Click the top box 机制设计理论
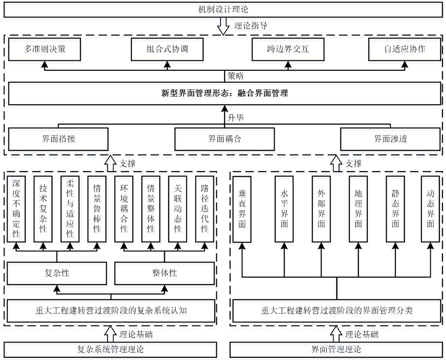[x=223, y=9]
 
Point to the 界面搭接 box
[x=58, y=139]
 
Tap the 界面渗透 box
[x=390, y=139]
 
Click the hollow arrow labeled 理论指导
[x=222, y=26]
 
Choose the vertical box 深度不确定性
[x=17, y=208]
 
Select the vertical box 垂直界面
[x=242, y=208]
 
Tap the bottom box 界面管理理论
[x=336, y=349]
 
